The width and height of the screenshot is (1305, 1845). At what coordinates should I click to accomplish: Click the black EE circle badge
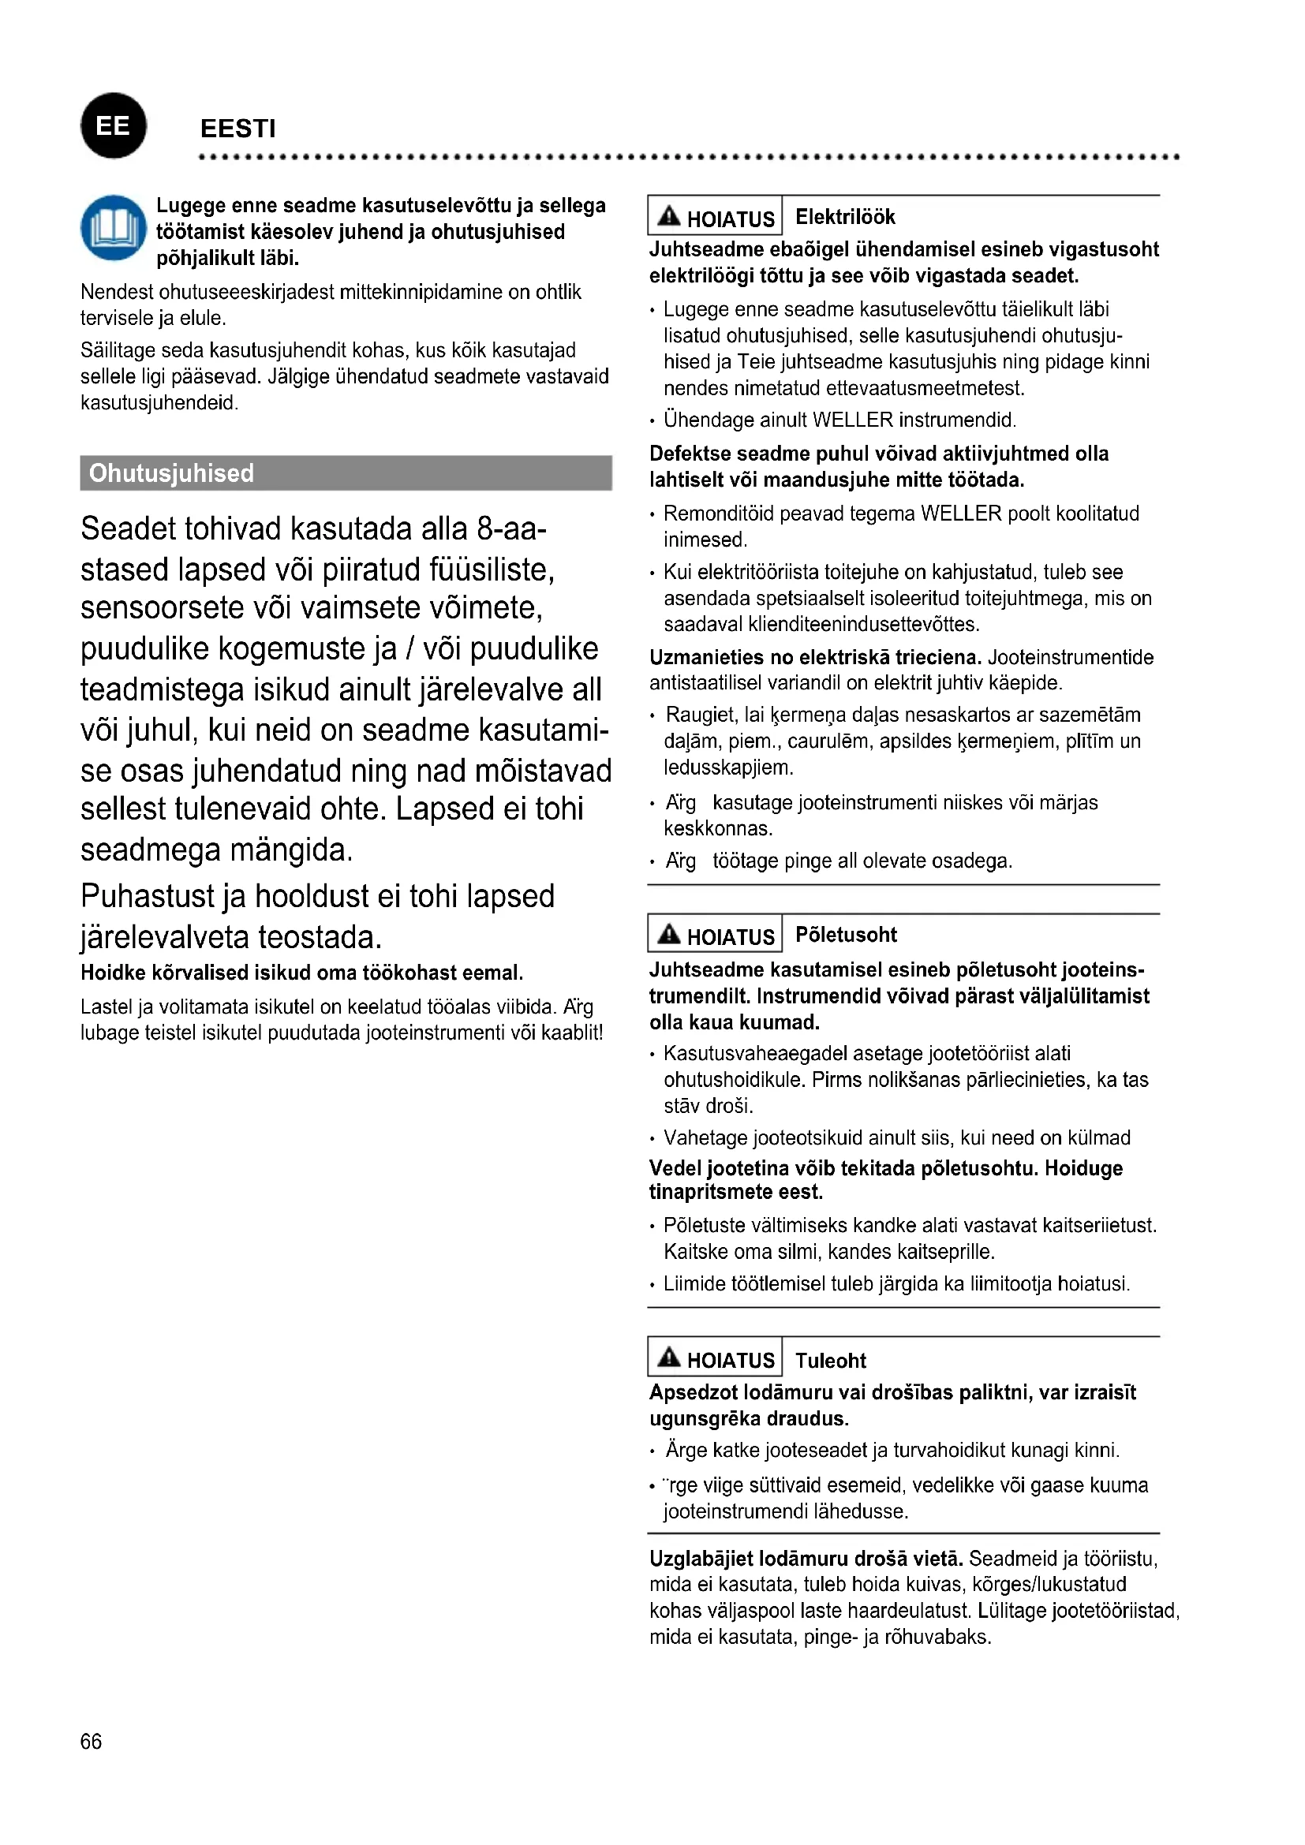pos(114,126)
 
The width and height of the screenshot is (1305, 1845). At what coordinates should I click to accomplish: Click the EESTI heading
pos(237,129)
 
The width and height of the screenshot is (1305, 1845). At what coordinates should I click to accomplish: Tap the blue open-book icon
pos(114,228)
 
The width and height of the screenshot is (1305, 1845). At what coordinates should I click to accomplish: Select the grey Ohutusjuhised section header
pos(346,472)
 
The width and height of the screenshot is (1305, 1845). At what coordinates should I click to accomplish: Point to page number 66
pos(91,1742)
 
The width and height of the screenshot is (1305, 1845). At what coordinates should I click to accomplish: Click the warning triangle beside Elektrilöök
pos(668,216)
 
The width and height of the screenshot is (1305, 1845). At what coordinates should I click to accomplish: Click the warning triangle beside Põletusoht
pos(668,934)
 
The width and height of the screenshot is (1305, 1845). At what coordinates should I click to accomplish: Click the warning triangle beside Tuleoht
pos(668,1358)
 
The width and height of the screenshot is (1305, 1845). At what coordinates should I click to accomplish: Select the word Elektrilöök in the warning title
pos(844,217)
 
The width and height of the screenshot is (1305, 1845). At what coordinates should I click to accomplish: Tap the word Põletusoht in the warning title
pos(845,935)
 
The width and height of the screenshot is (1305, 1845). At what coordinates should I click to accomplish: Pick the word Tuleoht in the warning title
pos(830,1361)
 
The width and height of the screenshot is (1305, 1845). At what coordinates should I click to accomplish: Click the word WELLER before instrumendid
pos(853,420)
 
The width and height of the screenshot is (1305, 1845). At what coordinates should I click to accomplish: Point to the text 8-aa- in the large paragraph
pos(511,529)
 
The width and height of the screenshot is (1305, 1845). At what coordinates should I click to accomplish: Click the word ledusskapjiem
pos(728,768)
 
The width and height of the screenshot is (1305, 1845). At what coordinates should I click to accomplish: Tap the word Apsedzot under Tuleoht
pos(693,1392)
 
